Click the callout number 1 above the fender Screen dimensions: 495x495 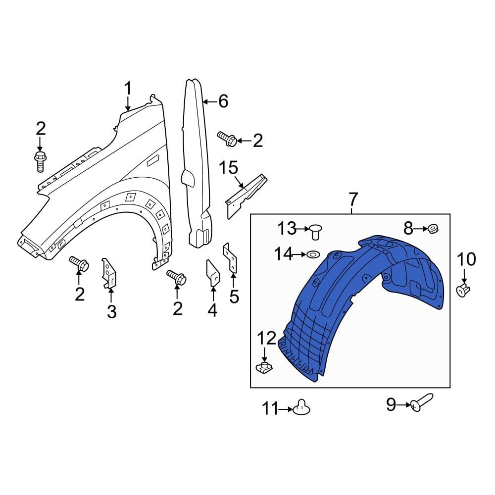pyautogui.click(x=128, y=90)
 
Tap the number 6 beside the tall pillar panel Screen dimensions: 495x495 pyautogui.click(x=223, y=101)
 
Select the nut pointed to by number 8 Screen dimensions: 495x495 pyautogui.click(x=432, y=229)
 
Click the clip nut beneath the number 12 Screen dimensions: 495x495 pyautogui.click(x=265, y=367)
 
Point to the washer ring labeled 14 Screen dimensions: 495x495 pyautogui.click(x=312, y=254)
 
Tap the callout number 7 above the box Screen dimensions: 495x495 pyautogui.click(x=352, y=200)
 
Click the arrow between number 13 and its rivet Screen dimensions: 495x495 pyautogui.click(x=302, y=228)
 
